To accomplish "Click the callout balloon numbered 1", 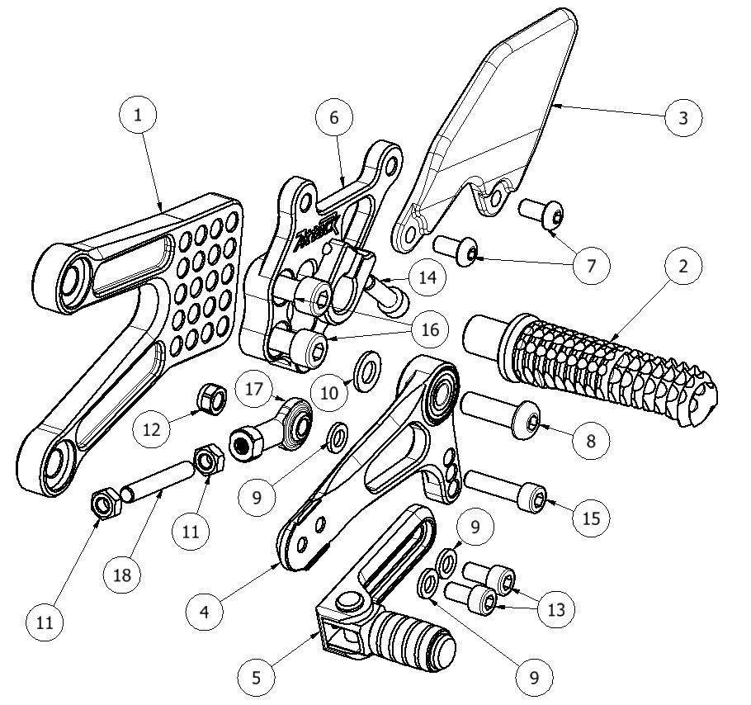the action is point(138,116).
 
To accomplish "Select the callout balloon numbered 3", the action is point(683,118).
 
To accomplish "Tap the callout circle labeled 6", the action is point(334,117).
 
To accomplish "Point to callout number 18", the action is point(122,575).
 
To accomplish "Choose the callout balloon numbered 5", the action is point(256,677).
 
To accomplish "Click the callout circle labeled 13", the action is point(556,610).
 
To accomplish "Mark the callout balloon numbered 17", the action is point(254,389).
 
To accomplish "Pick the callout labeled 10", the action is point(329,393).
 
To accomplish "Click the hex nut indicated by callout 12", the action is point(212,399).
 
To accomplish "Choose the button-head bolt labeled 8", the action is point(500,414).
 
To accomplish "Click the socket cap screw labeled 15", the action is point(506,491).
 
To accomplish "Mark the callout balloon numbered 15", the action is point(591,518).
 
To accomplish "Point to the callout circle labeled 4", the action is point(205,612).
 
